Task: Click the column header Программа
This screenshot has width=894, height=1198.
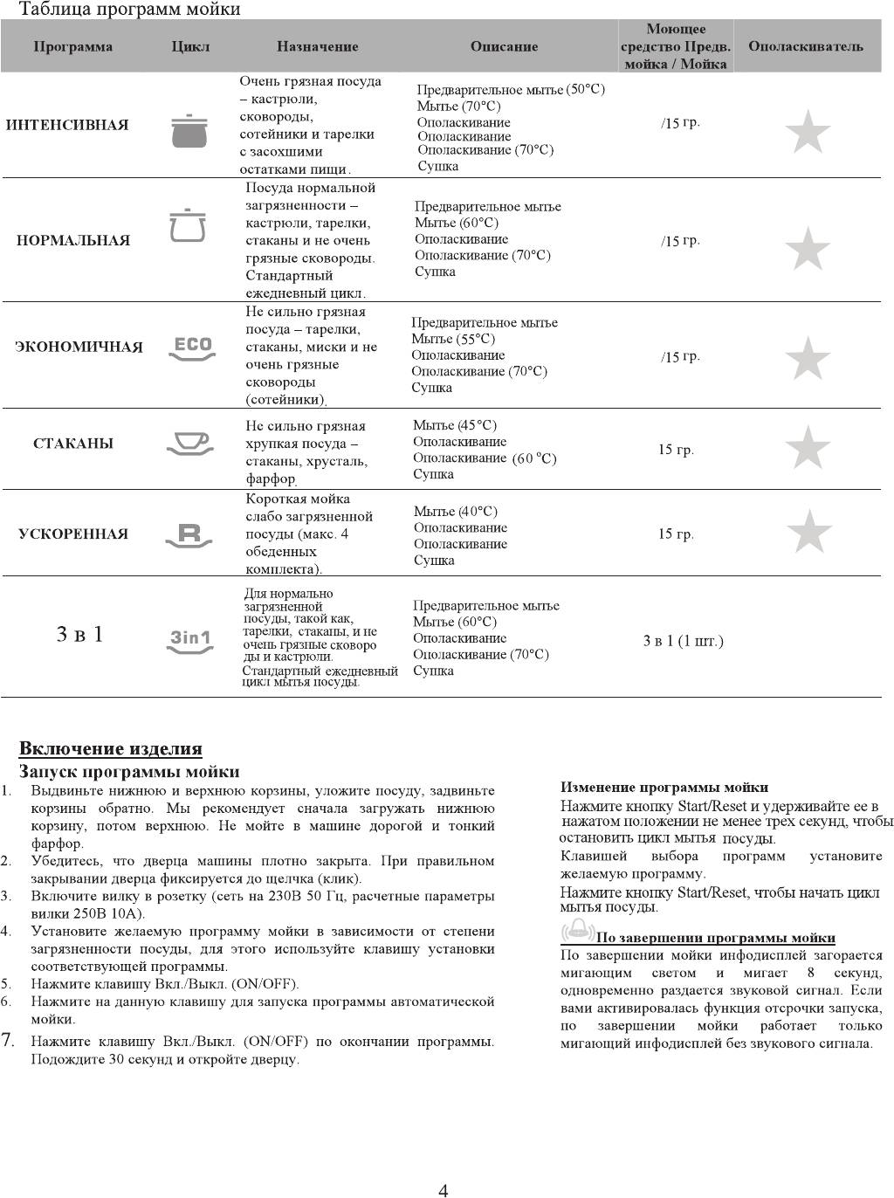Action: [x=73, y=46]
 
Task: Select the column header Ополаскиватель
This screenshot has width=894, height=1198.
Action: [x=805, y=46]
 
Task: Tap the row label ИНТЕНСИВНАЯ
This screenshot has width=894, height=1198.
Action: [x=67, y=125]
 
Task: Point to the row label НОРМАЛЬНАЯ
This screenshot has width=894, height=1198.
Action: [x=73, y=240]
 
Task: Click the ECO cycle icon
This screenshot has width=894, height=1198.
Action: [x=191, y=347]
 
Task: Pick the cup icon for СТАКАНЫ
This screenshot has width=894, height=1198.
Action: [x=189, y=443]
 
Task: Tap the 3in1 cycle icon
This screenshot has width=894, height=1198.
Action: [x=190, y=640]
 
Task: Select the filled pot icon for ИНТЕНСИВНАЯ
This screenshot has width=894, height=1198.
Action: [x=189, y=130]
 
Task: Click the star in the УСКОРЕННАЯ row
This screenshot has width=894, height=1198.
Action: [x=808, y=532]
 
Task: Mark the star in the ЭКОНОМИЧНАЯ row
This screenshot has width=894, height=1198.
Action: [x=808, y=359]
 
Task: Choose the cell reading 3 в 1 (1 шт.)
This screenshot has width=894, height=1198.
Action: [x=683, y=641]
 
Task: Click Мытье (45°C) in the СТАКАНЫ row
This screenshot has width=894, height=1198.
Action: [x=455, y=425]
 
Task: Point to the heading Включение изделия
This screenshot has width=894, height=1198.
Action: [x=111, y=748]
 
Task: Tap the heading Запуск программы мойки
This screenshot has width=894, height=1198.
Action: [x=129, y=772]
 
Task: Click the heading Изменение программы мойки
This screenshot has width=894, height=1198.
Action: [x=664, y=787]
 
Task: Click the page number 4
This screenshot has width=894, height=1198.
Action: [x=444, y=1189]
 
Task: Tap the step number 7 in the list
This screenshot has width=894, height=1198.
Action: [x=8, y=1039]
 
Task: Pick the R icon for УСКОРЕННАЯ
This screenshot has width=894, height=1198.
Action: [x=189, y=534]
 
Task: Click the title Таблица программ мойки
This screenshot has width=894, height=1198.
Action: [x=129, y=10]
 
